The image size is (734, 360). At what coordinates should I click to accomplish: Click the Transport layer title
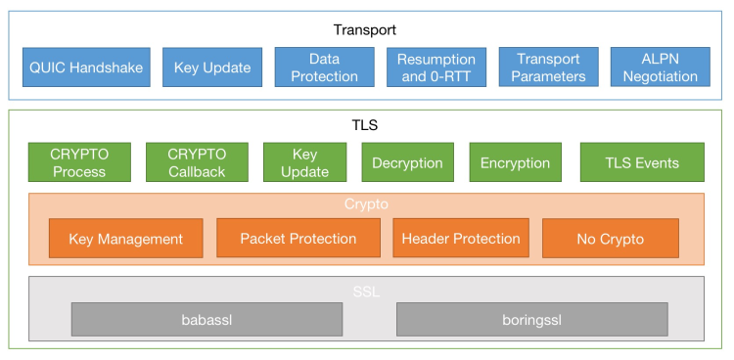tap(365, 29)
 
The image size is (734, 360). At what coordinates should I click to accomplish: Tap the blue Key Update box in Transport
tap(212, 67)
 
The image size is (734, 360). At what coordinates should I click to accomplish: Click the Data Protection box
tap(324, 67)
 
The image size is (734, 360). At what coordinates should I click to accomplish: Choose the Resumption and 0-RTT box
tap(436, 67)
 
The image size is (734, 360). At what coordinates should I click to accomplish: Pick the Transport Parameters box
tap(547, 67)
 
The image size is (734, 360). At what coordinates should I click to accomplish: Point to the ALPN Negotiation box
tap(660, 67)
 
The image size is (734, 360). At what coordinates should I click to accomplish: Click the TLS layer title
tap(365, 125)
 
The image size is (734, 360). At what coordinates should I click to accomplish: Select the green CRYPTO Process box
tap(79, 162)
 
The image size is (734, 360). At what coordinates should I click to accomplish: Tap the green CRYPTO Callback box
tap(197, 162)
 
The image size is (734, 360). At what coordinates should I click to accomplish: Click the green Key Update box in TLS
tap(304, 162)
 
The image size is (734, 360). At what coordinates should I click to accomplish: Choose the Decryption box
tap(407, 162)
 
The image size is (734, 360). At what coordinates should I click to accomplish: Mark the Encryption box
tap(515, 162)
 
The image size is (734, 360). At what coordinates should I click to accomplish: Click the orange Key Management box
tap(125, 239)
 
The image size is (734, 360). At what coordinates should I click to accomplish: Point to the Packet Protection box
tap(298, 239)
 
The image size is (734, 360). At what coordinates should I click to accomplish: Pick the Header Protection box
tap(461, 239)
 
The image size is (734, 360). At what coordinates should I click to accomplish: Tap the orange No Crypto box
tap(611, 239)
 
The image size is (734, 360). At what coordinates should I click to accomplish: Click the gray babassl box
tap(206, 319)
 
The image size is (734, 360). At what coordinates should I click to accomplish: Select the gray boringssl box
tap(531, 319)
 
